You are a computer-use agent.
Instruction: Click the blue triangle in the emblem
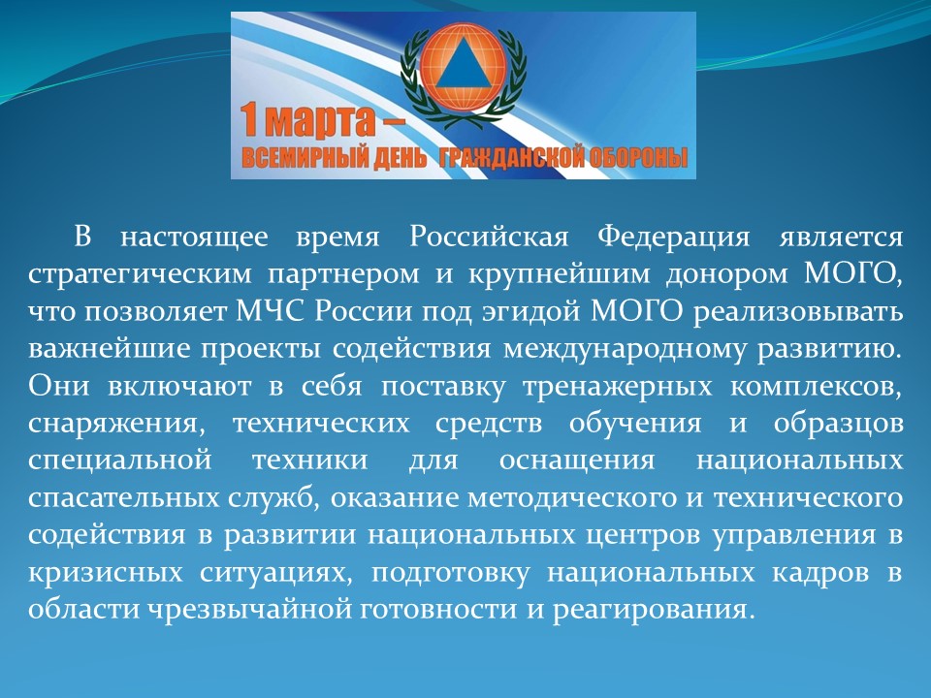click(x=464, y=66)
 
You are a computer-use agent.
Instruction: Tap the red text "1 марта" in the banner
click(x=307, y=120)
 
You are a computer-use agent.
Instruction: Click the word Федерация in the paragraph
click(x=673, y=237)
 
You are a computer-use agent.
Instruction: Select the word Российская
click(x=489, y=237)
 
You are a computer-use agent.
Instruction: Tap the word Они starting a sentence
click(x=59, y=387)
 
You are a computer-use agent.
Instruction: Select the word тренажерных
click(x=618, y=388)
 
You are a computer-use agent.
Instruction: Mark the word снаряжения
click(x=112, y=425)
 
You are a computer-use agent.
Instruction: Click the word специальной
click(x=119, y=461)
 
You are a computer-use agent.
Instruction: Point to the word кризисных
click(x=105, y=573)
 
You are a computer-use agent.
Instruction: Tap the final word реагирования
click(x=653, y=611)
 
